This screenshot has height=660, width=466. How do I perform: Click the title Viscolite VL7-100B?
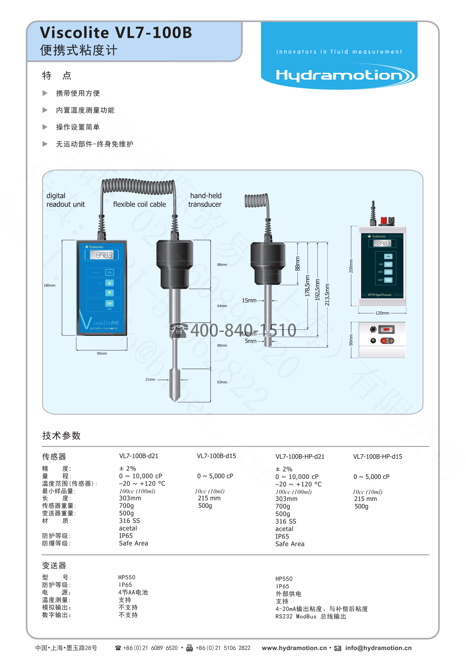pyautogui.click(x=116, y=32)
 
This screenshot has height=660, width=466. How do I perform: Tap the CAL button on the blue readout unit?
pyautogui.click(x=109, y=272)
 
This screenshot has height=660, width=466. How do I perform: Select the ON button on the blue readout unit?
pyautogui.click(x=109, y=303)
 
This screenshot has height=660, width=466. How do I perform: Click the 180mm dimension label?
pyautogui.click(x=49, y=285)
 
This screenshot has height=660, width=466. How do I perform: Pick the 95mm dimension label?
pyautogui.click(x=102, y=353)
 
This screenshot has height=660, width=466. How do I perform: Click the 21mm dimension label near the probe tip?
pyautogui.click(x=150, y=379)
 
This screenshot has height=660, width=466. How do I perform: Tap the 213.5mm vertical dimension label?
pyautogui.click(x=327, y=295)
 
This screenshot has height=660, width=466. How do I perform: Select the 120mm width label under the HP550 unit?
pyautogui.click(x=382, y=313)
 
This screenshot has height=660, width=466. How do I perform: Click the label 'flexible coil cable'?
pyautogui.click(x=140, y=204)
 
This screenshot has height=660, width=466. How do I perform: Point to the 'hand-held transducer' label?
pyautogui.click(x=205, y=200)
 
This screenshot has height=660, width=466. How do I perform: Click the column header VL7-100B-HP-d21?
pyautogui.click(x=300, y=456)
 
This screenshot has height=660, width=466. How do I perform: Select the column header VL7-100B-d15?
pyautogui.click(x=216, y=456)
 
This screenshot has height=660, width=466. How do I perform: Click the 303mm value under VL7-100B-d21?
pyautogui.click(x=130, y=498)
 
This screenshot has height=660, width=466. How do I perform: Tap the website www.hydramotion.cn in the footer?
pyautogui.click(x=294, y=648)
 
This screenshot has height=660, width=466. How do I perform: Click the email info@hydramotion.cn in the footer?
pyautogui.click(x=378, y=648)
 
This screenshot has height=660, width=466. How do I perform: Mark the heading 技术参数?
pyautogui.click(x=61, y=436)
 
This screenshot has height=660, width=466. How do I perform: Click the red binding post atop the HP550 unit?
pyautogui.click(x=383, y=221)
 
